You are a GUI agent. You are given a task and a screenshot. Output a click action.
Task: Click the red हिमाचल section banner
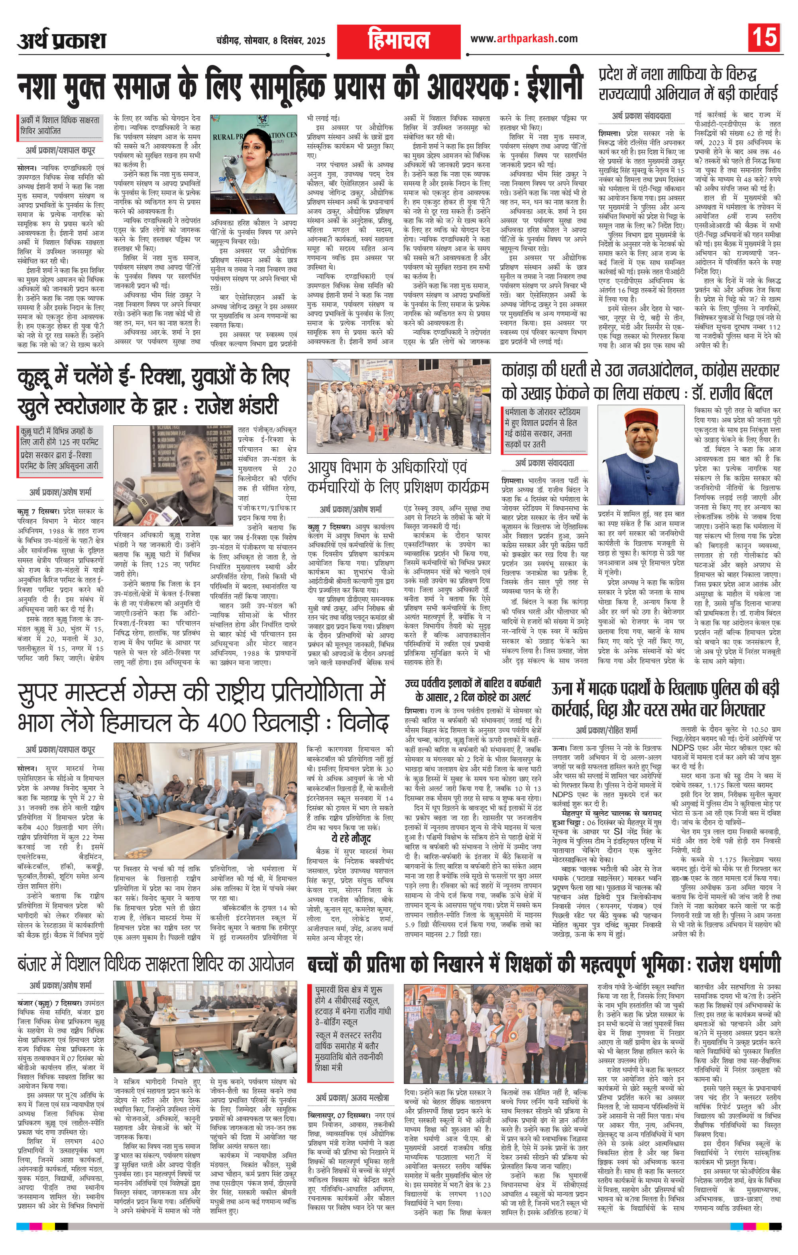[x=398, y=41]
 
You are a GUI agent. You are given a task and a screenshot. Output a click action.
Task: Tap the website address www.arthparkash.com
[x=523, y=39]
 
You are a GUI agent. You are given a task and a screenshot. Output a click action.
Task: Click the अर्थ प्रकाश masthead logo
[x=61, y=40]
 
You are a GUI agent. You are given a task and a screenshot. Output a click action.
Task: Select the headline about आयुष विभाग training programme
[x=398, y=476]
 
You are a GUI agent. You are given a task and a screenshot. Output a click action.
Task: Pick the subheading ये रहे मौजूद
[x=351, y=838]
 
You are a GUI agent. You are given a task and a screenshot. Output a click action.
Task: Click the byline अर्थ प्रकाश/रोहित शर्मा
[x=606, y=730]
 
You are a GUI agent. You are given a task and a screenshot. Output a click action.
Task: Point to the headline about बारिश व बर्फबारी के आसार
[x=473, y=690]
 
